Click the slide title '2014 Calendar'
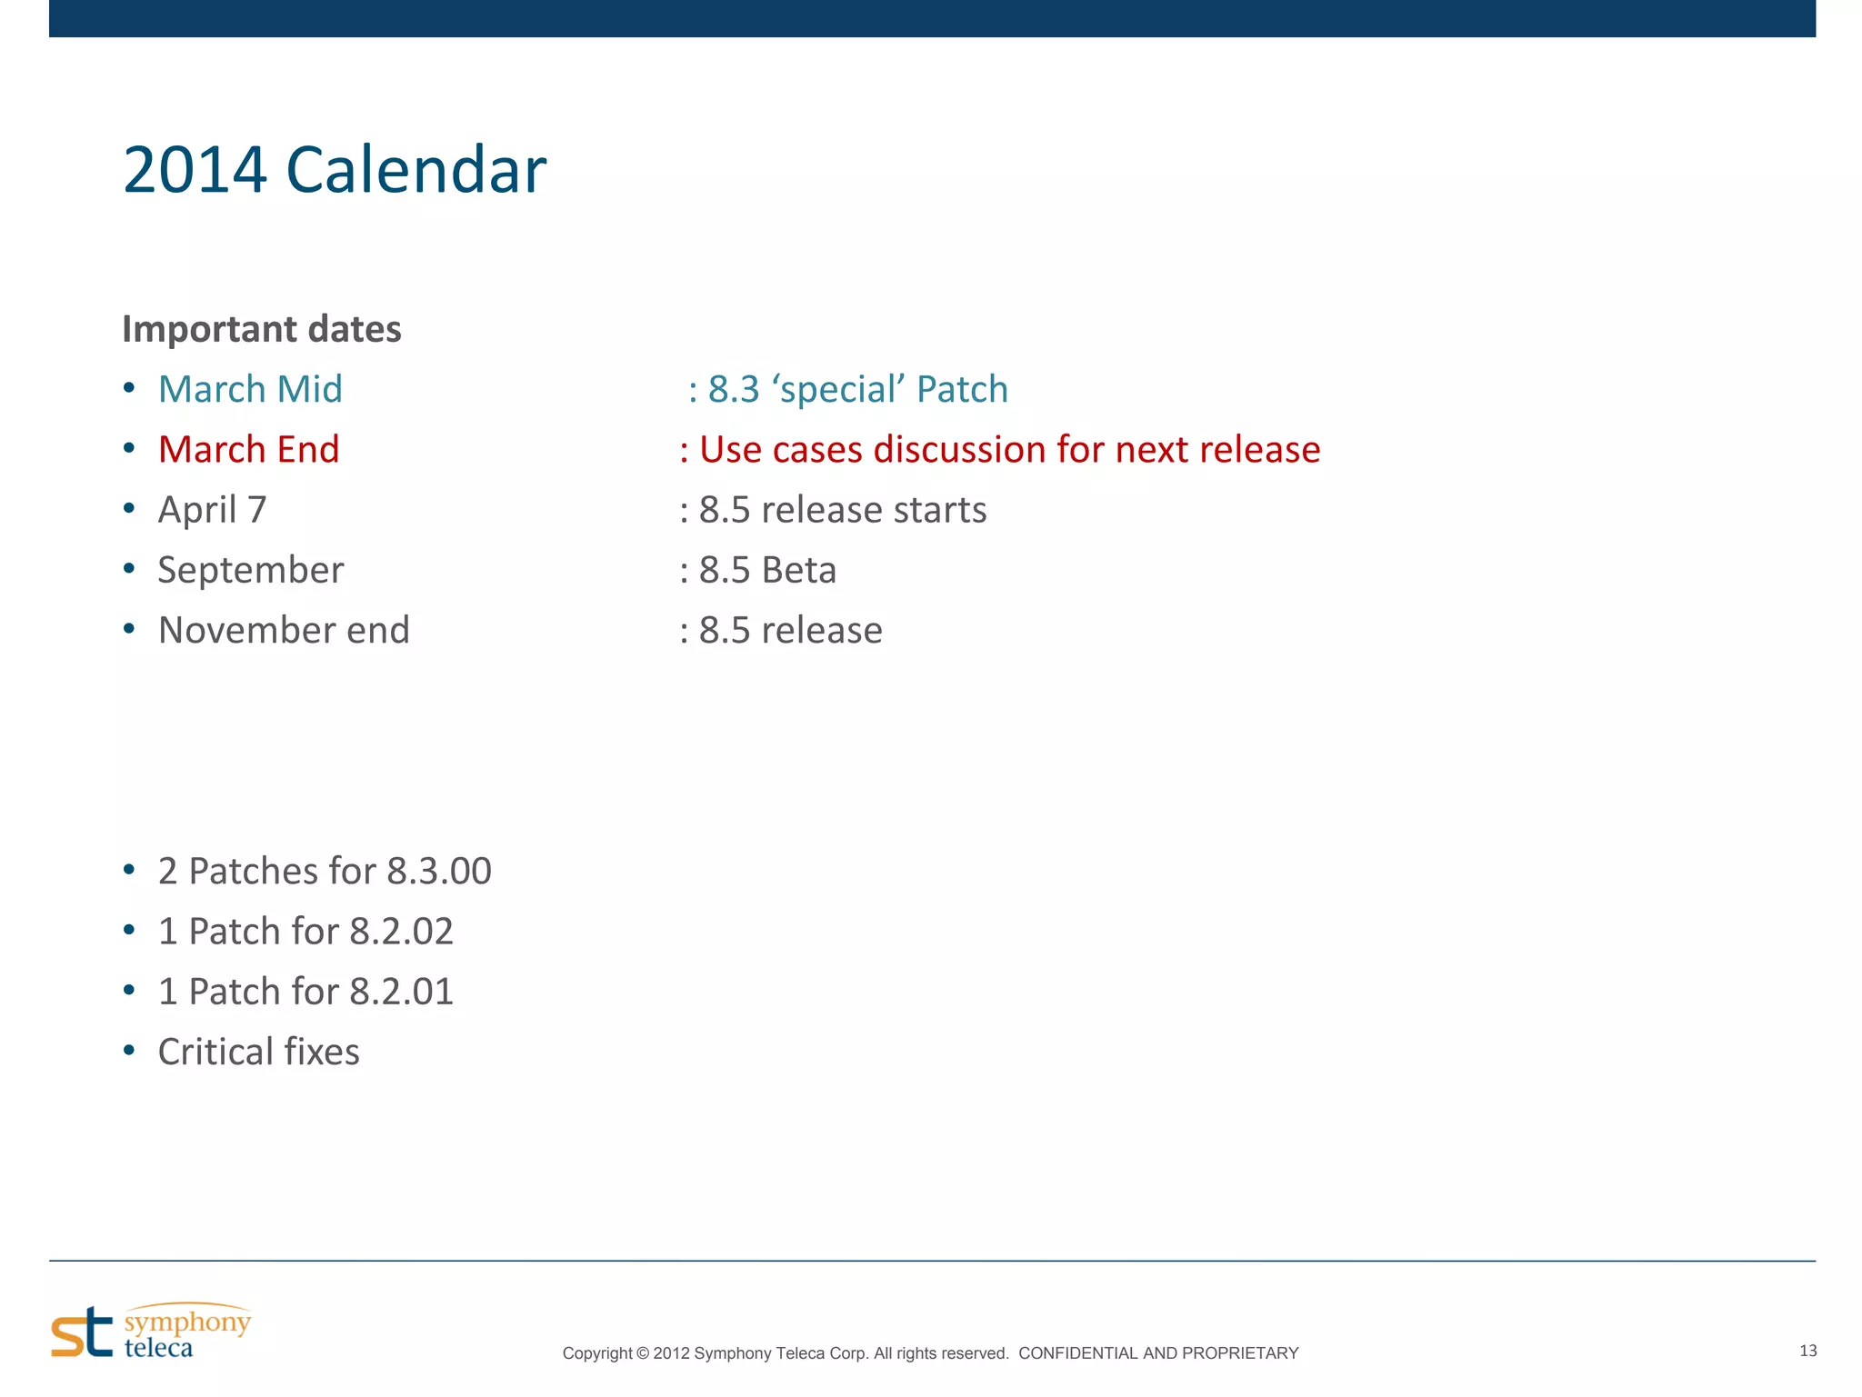(x=334, y=170)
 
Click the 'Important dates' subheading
(x=262, y=329)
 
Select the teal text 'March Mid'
(x=250, y=389)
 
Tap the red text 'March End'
(x=248, y=450)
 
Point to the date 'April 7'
(x=212, y=510)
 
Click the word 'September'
(x=251, y=570)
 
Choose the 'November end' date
(x=284, y=630)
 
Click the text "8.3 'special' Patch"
(x=857, y=389)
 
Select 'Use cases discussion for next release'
(x=1009, y=450)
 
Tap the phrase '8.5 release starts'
(x=842, y=510)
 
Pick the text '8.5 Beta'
(x=767, y=570)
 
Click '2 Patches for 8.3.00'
(x=325, y=871)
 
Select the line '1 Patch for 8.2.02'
(x=305, y=931)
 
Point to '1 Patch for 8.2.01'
(x=305, y=992)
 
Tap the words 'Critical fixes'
(x=259, y=1052)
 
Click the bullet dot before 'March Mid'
(x=129, y=389)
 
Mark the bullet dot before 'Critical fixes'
(x=129, y=1052)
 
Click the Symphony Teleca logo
(x=151, y=1332)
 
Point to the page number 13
(x=1807, y=1351)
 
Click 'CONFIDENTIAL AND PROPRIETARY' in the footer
(x=1158, y=1353)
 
